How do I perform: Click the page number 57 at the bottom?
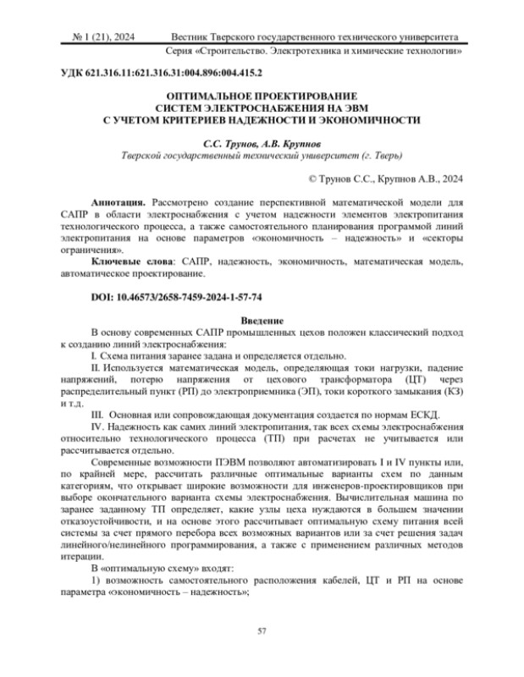[262, 630]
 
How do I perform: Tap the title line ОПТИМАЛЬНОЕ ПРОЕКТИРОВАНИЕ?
[262, 96]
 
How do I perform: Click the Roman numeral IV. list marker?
[97, 429]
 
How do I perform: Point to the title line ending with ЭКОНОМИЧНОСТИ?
[262, 120]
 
